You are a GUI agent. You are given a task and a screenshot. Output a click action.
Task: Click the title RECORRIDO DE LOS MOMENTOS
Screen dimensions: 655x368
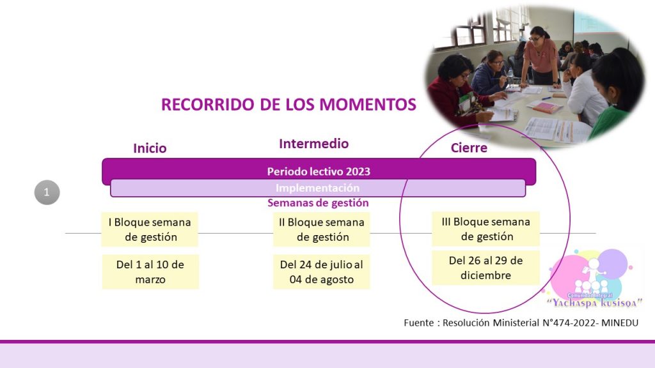[288, 104]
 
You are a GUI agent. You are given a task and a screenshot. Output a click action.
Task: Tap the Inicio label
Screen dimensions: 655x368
[150, 148]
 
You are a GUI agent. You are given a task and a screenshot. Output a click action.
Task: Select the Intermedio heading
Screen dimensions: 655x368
[313, 144]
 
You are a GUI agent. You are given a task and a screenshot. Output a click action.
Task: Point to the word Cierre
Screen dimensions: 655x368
[469, 148]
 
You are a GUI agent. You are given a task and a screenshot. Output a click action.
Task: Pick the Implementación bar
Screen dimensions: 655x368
[317, 188]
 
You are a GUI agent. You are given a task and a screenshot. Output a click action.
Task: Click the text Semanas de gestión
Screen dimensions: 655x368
[318, 203]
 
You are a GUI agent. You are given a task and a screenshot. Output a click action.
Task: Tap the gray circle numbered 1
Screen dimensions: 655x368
[47, 192]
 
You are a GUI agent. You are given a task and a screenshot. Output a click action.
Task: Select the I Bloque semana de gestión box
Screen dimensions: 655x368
[150, 229]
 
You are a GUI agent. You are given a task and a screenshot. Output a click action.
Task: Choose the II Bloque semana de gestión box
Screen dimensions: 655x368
[322, 229]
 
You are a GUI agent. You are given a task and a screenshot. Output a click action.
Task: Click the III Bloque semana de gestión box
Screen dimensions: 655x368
[486, 229]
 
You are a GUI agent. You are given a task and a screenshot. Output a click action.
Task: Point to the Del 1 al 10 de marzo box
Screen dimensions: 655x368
[150, 272]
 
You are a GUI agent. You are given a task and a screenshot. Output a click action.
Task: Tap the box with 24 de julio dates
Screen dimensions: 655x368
[322, 272]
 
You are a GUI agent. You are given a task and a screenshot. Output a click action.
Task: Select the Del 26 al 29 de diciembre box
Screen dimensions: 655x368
[486, 268]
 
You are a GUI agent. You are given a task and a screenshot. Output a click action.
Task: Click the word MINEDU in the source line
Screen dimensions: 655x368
[619, 323]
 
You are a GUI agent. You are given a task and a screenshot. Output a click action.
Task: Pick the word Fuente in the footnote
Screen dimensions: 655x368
[418, 323]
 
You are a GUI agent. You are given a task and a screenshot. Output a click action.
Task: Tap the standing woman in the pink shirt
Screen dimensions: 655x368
[540, 56]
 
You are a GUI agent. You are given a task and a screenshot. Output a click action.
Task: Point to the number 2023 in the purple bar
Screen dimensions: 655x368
[358, 171]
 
